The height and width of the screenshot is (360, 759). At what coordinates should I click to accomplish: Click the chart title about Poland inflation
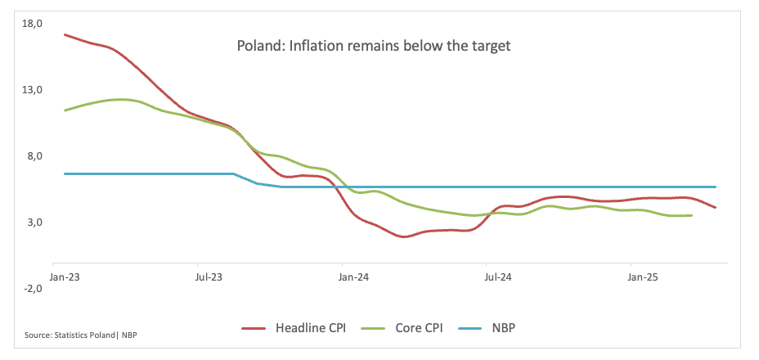[x=373, y=46]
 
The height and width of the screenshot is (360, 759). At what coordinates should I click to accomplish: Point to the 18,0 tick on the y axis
[x=33, y=23]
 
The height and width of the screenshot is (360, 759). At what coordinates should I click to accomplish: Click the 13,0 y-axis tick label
[x=33, y=90]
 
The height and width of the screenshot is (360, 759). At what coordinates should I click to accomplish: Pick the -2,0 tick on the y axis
[x=34, y=289]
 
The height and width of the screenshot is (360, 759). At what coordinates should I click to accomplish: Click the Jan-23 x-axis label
[x=64, y=278]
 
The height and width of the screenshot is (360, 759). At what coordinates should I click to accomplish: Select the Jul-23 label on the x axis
[x=209, y=278]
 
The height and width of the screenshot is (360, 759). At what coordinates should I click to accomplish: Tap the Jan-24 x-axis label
[x=353, y=278]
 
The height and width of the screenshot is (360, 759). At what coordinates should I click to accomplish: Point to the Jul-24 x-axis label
[x=498, y=278]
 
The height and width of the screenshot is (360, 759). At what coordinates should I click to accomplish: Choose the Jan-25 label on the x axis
[x=643, y=278]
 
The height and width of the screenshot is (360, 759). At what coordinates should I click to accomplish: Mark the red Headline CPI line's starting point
[x=65, y=34]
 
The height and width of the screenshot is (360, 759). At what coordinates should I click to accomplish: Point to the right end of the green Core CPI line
[x=692, y=215]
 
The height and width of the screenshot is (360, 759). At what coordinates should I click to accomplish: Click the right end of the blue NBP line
[x=716, y=187]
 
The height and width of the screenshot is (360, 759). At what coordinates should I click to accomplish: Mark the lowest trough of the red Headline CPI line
[x=404, y=236]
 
